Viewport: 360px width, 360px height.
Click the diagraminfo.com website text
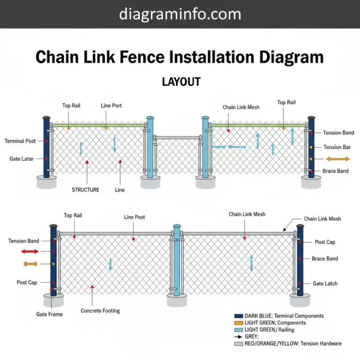[x=180, y=14]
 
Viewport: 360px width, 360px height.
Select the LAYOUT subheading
[x=181, y=82]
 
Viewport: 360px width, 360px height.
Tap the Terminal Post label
[x=20, y=141]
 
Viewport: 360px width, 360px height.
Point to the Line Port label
[x=111, y=105]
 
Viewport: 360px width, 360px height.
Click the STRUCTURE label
[x=85, y=190]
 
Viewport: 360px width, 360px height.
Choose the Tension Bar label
[x=337, y=147]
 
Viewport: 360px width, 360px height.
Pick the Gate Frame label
[x=49, y=314]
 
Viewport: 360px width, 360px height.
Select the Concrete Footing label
[x=100, y=311]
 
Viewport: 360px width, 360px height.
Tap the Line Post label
[x=135, y=217]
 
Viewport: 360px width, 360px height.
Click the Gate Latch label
[x=325, y=284]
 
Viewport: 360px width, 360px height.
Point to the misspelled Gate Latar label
[x=22, y=159]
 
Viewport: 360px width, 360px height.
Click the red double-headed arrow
[x=30, y=252]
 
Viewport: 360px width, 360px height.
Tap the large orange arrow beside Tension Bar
[x=337, y=159]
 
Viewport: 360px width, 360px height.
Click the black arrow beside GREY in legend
[x=238, y=337]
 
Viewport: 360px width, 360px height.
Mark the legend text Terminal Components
[x=300, y=316]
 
